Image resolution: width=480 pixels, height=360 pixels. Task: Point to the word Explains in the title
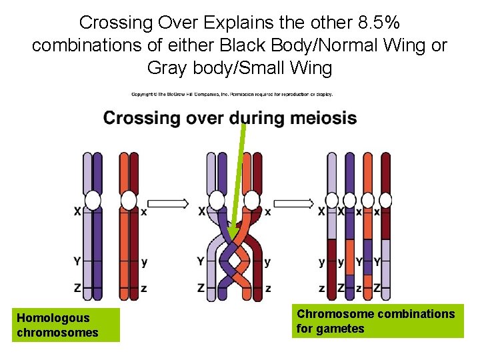235,23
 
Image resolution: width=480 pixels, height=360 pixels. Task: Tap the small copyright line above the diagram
231,94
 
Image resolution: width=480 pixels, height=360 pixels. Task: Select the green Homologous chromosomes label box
65,325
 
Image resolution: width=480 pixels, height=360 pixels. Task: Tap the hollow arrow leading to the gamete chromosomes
293,202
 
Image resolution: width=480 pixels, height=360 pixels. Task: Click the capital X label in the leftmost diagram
77,212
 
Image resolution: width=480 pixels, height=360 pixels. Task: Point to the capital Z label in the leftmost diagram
77,288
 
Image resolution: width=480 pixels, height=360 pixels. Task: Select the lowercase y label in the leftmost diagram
145,262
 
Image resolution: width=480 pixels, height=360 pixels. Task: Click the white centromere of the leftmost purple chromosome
93,201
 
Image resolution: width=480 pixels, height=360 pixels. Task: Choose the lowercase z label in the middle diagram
268,288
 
